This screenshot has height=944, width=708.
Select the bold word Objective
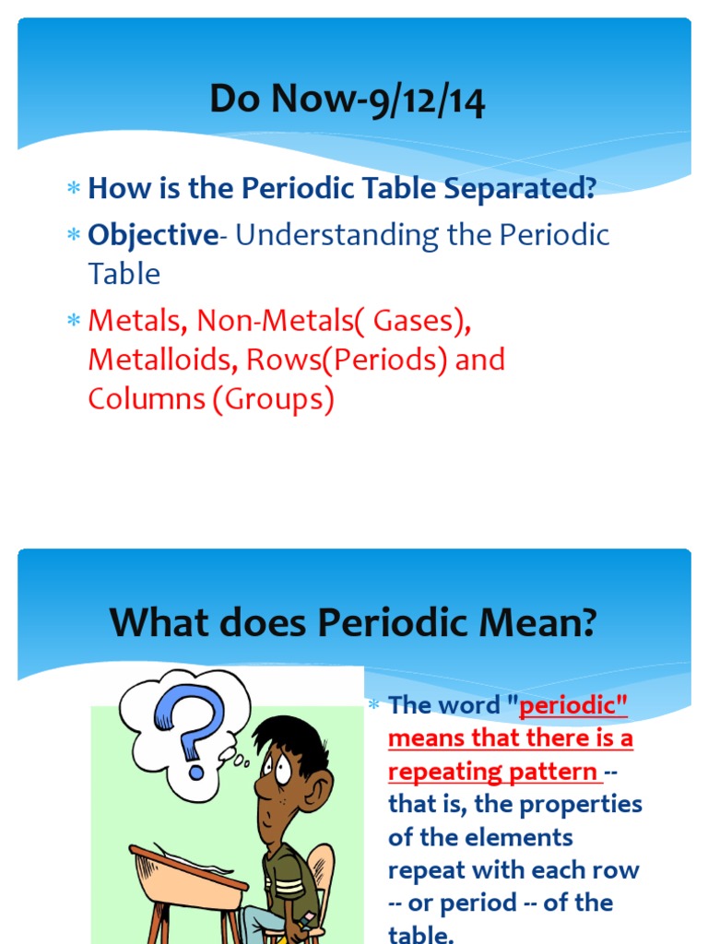point(152,235)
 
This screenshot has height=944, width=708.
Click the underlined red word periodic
point(573,705)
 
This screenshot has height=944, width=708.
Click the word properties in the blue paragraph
point(581,805)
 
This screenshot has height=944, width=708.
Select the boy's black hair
point(295,737)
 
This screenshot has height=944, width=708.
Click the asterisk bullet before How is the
point(74,190)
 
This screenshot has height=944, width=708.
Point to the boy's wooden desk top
point(184,867)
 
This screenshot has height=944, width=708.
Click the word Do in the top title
point(235,100)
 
